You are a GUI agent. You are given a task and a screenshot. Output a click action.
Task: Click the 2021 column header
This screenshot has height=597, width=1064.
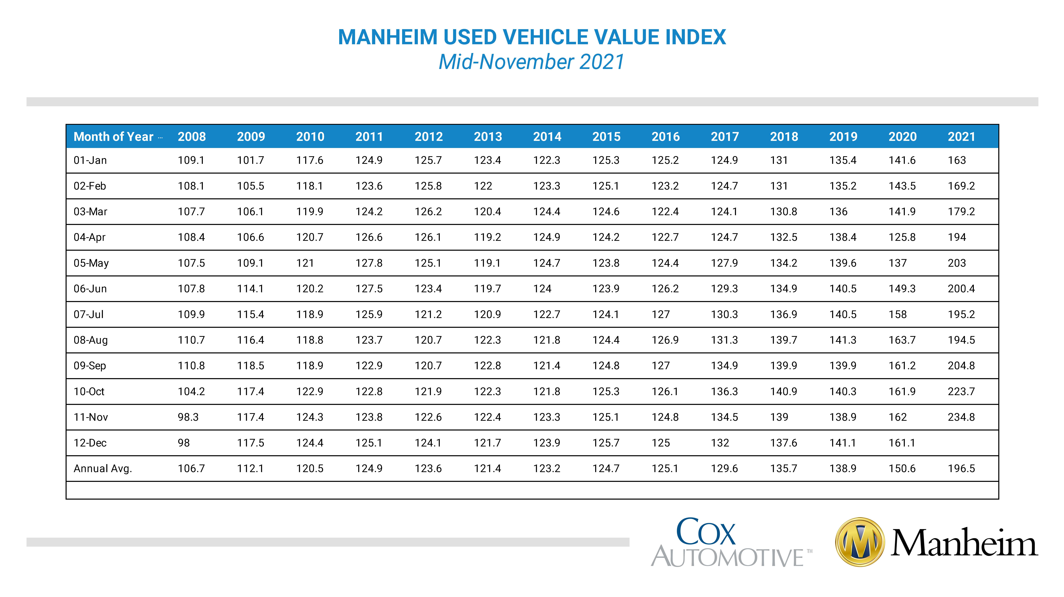pos(961,137)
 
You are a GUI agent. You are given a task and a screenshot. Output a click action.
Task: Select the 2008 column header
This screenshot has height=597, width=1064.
pos(192,137)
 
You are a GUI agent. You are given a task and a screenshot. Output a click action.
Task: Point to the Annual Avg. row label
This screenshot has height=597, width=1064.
pos(102,469)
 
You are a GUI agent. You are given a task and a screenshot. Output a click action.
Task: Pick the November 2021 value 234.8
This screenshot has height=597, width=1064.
pos(961,417)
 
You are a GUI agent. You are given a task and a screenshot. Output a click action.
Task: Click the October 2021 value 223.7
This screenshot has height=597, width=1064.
pos(961,391)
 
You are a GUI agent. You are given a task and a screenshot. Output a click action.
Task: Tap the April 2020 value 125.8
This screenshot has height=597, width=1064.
pos(902,237)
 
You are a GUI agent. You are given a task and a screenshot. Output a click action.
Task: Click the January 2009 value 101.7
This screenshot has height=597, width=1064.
pos(250,160)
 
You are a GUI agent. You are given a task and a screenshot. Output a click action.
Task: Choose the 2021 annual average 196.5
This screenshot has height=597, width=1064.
pos(961,469)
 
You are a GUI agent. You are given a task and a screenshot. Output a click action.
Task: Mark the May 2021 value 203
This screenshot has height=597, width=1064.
pos(957,263)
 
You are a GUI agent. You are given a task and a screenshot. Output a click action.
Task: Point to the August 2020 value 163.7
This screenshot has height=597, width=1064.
pos(902,340)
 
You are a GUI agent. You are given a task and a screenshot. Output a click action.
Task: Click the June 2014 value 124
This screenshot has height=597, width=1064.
pos(542,289)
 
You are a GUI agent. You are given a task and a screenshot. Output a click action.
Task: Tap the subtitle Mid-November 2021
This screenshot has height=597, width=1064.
pos(532,62)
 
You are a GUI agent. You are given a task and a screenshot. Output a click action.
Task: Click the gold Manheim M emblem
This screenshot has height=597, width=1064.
pos(860,542)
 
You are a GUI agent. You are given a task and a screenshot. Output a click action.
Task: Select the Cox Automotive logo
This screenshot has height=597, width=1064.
pos(731,542)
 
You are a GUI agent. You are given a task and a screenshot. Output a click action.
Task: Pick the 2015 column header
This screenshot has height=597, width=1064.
pos(606,137)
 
